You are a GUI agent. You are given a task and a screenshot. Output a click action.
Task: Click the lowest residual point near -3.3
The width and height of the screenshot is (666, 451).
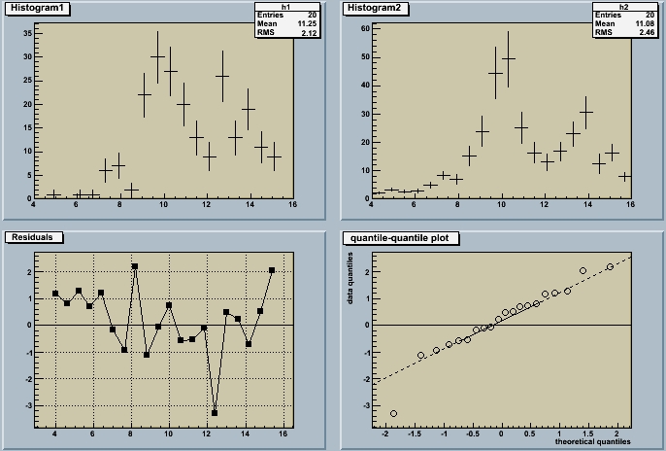click(215, 413)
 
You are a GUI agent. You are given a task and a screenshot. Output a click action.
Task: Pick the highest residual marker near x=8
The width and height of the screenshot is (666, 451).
click(135, 266)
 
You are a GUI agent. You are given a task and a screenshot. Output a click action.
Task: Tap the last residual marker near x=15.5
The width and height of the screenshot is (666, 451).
click(272, 270)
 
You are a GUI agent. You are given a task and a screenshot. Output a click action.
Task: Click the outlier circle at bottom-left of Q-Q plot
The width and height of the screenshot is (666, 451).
click(393, 413)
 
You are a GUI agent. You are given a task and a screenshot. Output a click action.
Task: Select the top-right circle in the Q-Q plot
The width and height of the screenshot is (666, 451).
click(610, 266)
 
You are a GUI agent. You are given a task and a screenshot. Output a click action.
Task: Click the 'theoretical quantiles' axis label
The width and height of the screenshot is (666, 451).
click(593, 442)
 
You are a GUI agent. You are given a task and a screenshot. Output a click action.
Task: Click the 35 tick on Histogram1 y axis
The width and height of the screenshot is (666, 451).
click(27, 33)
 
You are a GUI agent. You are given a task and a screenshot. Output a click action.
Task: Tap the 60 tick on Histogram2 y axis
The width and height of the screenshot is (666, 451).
click(365, 29)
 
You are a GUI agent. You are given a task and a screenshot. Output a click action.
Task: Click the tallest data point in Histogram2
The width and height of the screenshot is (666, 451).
click(508, 58)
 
